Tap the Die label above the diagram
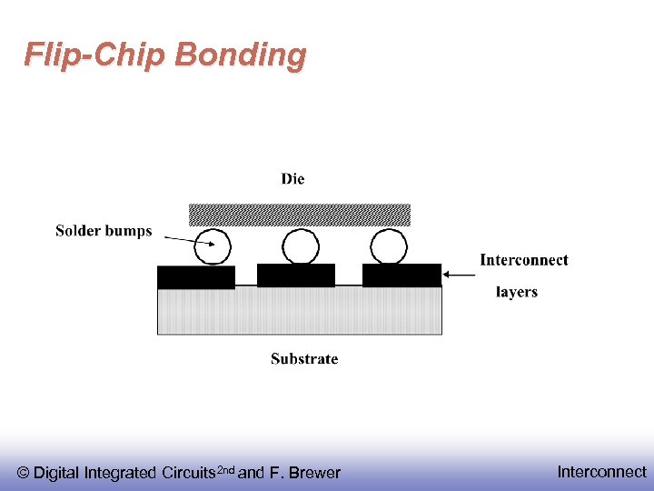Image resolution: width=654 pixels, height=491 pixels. point(292,179)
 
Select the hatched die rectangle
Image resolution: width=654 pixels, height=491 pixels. point(299,215)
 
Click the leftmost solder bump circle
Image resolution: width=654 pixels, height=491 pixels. point(213,246)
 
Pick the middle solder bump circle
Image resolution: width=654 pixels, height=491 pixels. point(301,246)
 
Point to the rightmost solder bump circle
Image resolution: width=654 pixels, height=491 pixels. point(389,246)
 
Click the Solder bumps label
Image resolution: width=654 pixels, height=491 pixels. point(104,231)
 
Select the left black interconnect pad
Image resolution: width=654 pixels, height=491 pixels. point(196,276)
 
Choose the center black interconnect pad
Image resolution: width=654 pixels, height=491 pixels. point(296,275)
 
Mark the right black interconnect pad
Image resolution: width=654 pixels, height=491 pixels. point(401,275)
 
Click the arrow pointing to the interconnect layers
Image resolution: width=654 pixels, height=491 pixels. point(462,275)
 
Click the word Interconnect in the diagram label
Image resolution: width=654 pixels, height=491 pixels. point(524,260)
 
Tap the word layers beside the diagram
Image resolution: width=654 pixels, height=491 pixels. point(517,292)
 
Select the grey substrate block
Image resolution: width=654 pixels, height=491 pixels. point(300,311)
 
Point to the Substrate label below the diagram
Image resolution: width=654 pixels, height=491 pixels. point(304,359)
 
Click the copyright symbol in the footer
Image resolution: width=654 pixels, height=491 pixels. point(24,473)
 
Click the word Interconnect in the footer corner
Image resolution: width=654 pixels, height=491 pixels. point(601,472)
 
